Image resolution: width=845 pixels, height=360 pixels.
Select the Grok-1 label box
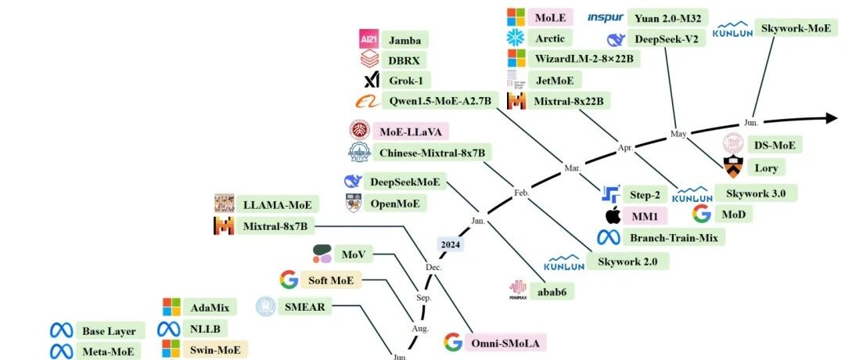[x=405, y=80]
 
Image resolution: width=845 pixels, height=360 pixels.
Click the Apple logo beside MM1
[x=613, y=216]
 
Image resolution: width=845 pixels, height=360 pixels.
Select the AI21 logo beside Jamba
[x=369, y=39]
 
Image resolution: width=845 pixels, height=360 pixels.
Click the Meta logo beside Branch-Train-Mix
[x=608, y=237]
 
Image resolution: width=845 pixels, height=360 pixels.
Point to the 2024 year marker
[x=451, y=245]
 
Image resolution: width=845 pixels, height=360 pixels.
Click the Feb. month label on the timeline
[x=522, y=193]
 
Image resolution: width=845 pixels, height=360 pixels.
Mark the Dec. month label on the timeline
[x=433, y=267]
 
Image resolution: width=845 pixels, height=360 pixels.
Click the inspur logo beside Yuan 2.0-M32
[x=606, y=17]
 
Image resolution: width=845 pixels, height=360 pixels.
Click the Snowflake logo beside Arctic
[x=516, y=38]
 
